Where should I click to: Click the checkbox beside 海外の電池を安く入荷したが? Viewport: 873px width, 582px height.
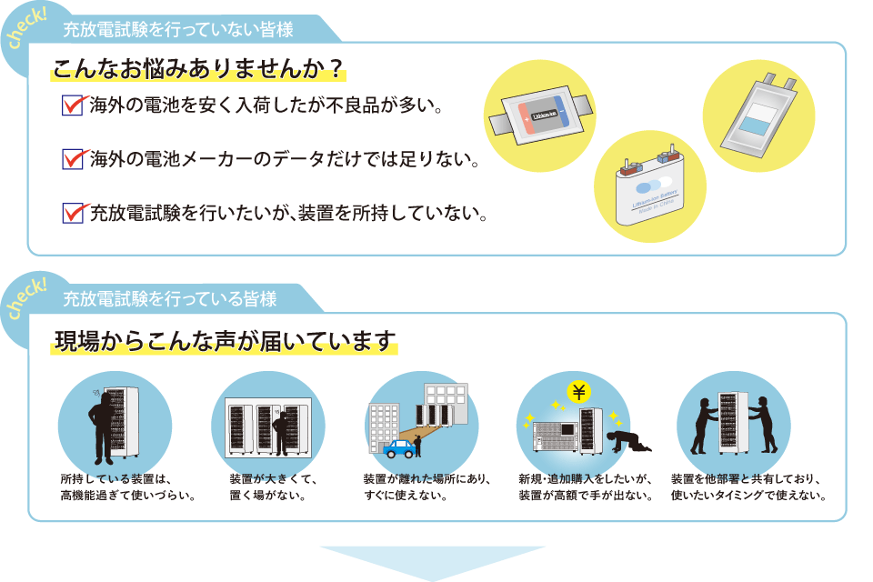click(x=71, y=105)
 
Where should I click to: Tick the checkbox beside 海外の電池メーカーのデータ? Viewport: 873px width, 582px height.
click(x=71, y=159)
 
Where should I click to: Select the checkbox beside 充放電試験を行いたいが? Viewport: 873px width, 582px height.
click(x=71, y=214)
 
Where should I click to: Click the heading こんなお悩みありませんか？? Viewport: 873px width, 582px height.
click(x=199, y=70)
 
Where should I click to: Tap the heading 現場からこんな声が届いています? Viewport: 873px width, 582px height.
click(x=226, y=342)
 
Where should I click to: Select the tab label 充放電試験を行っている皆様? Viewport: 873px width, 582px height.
click(x=170, y=298)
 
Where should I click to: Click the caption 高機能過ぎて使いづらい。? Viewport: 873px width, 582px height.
click(x=128, y=496)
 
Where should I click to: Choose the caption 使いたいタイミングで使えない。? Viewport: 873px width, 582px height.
click(x=748, y=496)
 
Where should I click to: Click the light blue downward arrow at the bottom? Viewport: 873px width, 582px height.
click(x=433, y=561)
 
